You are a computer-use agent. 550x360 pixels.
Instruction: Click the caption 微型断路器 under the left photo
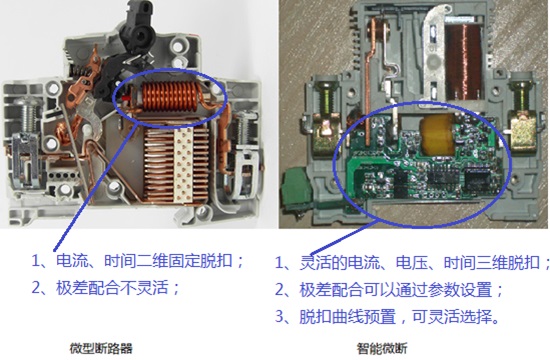101,348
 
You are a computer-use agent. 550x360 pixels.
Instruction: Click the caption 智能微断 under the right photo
382,348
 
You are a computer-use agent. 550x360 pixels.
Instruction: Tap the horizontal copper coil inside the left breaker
167,96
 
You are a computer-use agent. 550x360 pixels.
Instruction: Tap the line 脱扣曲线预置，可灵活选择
399,316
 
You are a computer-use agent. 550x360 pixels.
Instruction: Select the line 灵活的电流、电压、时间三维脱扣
420,263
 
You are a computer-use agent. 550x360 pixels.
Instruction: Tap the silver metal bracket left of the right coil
434,53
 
